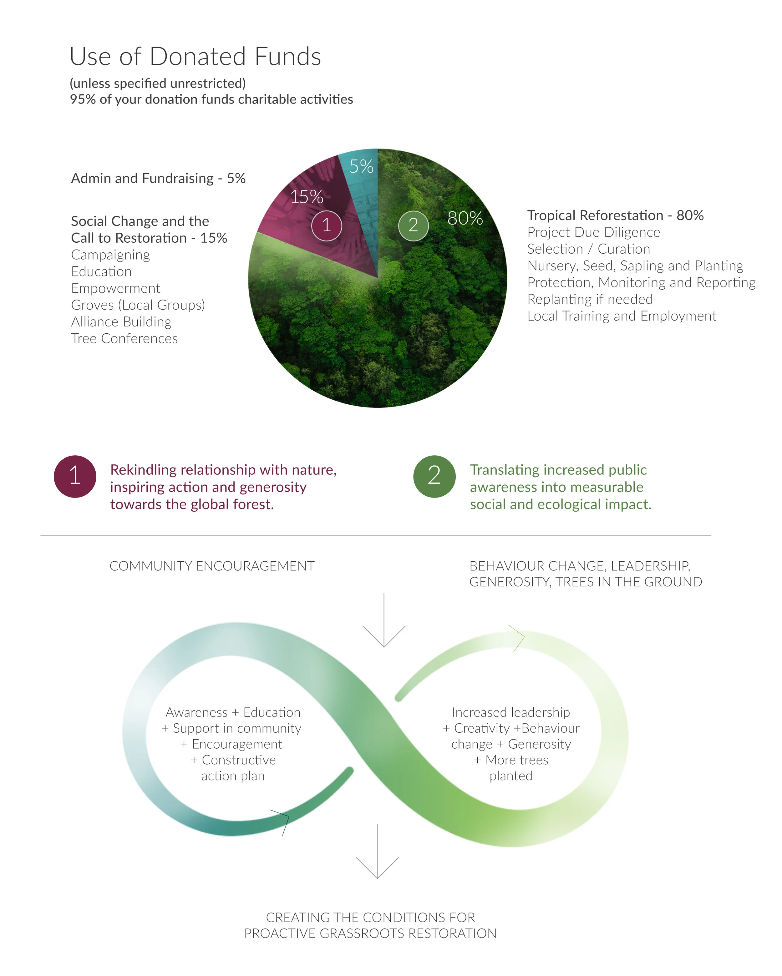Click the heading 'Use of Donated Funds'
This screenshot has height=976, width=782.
[195, 57]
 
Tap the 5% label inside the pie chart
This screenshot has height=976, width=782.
[361, 167]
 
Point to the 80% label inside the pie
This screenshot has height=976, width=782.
[465, 218]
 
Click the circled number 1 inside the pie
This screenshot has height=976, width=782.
[327, 225]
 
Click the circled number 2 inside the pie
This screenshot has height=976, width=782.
[413, 225]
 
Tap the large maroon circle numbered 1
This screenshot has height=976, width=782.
[75, 476]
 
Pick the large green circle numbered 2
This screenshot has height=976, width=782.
[434, 476]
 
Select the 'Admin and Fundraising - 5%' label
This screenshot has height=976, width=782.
[158, 178]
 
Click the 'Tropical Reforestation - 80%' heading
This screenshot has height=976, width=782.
[615, 215]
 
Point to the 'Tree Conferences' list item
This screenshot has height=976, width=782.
[124, 339]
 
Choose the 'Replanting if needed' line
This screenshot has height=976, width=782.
[590, 299]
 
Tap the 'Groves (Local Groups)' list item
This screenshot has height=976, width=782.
[138, 305]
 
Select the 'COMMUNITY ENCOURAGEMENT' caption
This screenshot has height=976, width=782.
[212, 566]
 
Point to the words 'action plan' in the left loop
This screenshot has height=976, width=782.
[233, 776]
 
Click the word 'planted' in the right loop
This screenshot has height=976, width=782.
[511, 776]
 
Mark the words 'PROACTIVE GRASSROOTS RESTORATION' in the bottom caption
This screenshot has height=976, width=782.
[370, 933]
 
